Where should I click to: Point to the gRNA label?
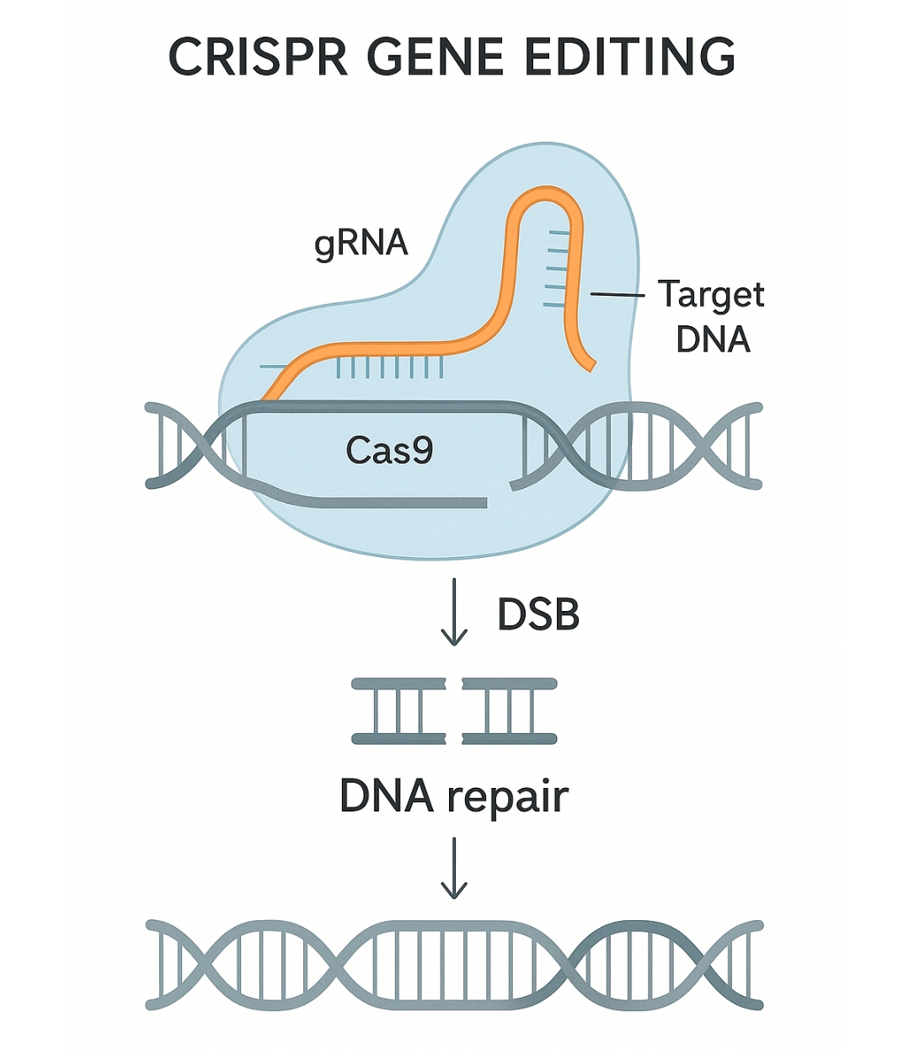coord(361,244)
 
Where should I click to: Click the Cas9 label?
coord(389,450)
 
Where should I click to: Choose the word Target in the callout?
coord(711,296)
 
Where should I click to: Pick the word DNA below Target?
coord(713,339)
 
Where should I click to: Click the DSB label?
coord(538,614)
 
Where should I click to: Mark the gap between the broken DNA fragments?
coord(454,710)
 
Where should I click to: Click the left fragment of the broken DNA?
coord(398,710)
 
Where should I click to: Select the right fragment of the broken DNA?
coord(510,710)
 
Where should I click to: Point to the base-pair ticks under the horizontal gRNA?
coord(389,367)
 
